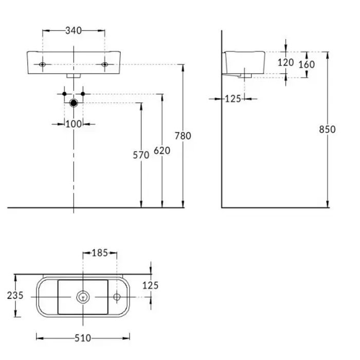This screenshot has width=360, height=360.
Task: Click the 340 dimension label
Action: (74, 30)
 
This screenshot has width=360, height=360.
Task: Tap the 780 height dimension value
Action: (183, 136)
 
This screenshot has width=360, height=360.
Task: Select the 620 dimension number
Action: (162, 151)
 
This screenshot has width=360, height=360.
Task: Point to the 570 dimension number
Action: (141, 155)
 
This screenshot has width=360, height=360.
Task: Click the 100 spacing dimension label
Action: (74, 124)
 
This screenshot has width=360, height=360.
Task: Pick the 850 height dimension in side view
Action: (327, 130)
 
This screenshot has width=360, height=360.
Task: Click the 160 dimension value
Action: (307, 64)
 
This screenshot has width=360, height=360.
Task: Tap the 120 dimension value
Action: (285, 62)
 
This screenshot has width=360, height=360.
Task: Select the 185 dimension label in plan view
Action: (100, 253)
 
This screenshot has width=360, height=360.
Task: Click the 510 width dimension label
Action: (83, 338)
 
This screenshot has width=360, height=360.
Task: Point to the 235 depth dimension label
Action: (15, 296)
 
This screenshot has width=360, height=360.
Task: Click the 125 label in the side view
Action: (233, 99)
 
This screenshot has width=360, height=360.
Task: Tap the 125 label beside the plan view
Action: (150, 285)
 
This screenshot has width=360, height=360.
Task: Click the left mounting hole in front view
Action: (42, 64)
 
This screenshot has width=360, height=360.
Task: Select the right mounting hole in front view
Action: (104, 64)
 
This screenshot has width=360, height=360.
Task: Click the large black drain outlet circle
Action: (74, 103)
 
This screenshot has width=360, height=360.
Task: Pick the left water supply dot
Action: (64, 94)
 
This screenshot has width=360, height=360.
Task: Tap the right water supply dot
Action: (83, 94)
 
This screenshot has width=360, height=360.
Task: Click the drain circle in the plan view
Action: (83, 297)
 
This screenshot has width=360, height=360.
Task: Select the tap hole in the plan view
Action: (117, 297)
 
